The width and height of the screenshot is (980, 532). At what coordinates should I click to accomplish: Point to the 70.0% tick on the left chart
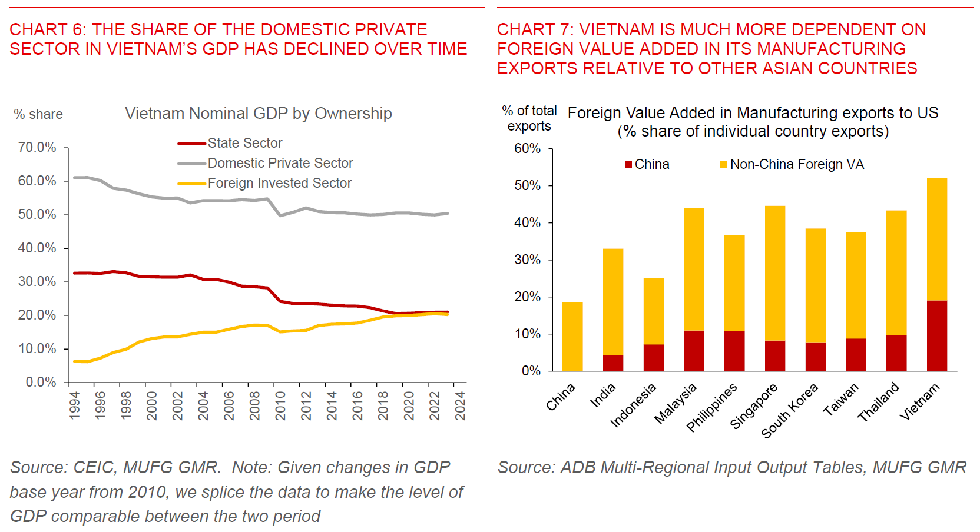point(37,147)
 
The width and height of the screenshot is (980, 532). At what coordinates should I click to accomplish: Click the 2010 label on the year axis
point(280,405)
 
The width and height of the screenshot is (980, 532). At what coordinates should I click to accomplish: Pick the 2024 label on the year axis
point(461,405)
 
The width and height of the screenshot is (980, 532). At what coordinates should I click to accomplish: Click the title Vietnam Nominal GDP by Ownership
point(258,114)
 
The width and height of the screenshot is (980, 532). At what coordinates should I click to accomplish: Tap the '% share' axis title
point(38,114)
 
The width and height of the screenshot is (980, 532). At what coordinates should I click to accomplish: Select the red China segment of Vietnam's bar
point(936,335)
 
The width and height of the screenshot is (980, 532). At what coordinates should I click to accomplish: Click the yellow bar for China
point(572,337)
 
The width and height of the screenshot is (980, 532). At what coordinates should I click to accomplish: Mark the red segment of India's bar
point(613,363)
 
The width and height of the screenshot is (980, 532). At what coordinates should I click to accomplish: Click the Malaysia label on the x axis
point(676,403)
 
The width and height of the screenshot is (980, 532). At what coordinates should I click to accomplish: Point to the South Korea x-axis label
point(790,410)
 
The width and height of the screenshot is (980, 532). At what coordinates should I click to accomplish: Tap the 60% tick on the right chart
point(527,149)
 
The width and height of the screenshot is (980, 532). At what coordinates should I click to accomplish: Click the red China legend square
point(628,165)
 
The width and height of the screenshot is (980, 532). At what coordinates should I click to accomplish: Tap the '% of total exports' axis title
point(529,118)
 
